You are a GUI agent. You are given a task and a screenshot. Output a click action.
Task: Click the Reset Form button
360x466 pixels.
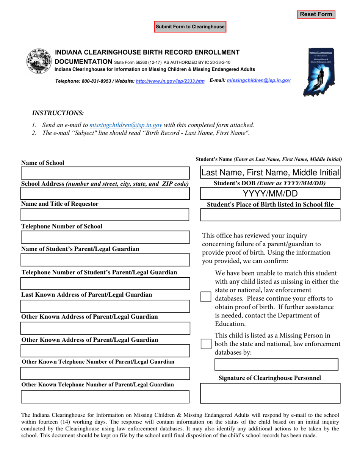point(316,14)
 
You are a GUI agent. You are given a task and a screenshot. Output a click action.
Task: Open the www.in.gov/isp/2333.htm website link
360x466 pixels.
point(170,81)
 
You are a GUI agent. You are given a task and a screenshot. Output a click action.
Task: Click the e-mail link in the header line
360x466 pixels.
point(258,81)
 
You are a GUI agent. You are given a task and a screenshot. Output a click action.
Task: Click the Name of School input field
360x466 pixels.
point(105,173)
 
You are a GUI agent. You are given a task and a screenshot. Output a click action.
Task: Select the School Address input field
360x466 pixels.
point(105,193)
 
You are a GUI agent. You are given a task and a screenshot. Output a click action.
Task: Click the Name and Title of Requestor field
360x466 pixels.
point(105,215)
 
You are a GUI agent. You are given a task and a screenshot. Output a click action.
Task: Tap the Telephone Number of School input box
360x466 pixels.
point(105,238)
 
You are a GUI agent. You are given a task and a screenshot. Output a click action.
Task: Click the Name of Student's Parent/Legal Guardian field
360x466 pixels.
point(105,260)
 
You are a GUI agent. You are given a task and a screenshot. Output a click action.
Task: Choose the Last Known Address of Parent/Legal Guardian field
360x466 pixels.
point(105,306)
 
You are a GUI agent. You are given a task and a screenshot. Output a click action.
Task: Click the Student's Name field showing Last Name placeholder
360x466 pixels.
point(270,173)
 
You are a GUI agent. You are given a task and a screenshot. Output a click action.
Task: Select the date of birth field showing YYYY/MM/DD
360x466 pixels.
point(270,194)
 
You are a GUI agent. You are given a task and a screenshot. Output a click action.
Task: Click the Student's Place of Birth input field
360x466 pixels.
point(270,215)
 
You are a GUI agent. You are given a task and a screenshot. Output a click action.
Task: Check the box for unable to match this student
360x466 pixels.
point(205,297)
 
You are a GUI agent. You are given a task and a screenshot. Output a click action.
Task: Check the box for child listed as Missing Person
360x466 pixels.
point(205,344)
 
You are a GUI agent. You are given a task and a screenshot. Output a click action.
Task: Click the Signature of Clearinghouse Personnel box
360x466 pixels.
point(270,393)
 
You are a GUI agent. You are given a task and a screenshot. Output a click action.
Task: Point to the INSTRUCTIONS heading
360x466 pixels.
point(58,113)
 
